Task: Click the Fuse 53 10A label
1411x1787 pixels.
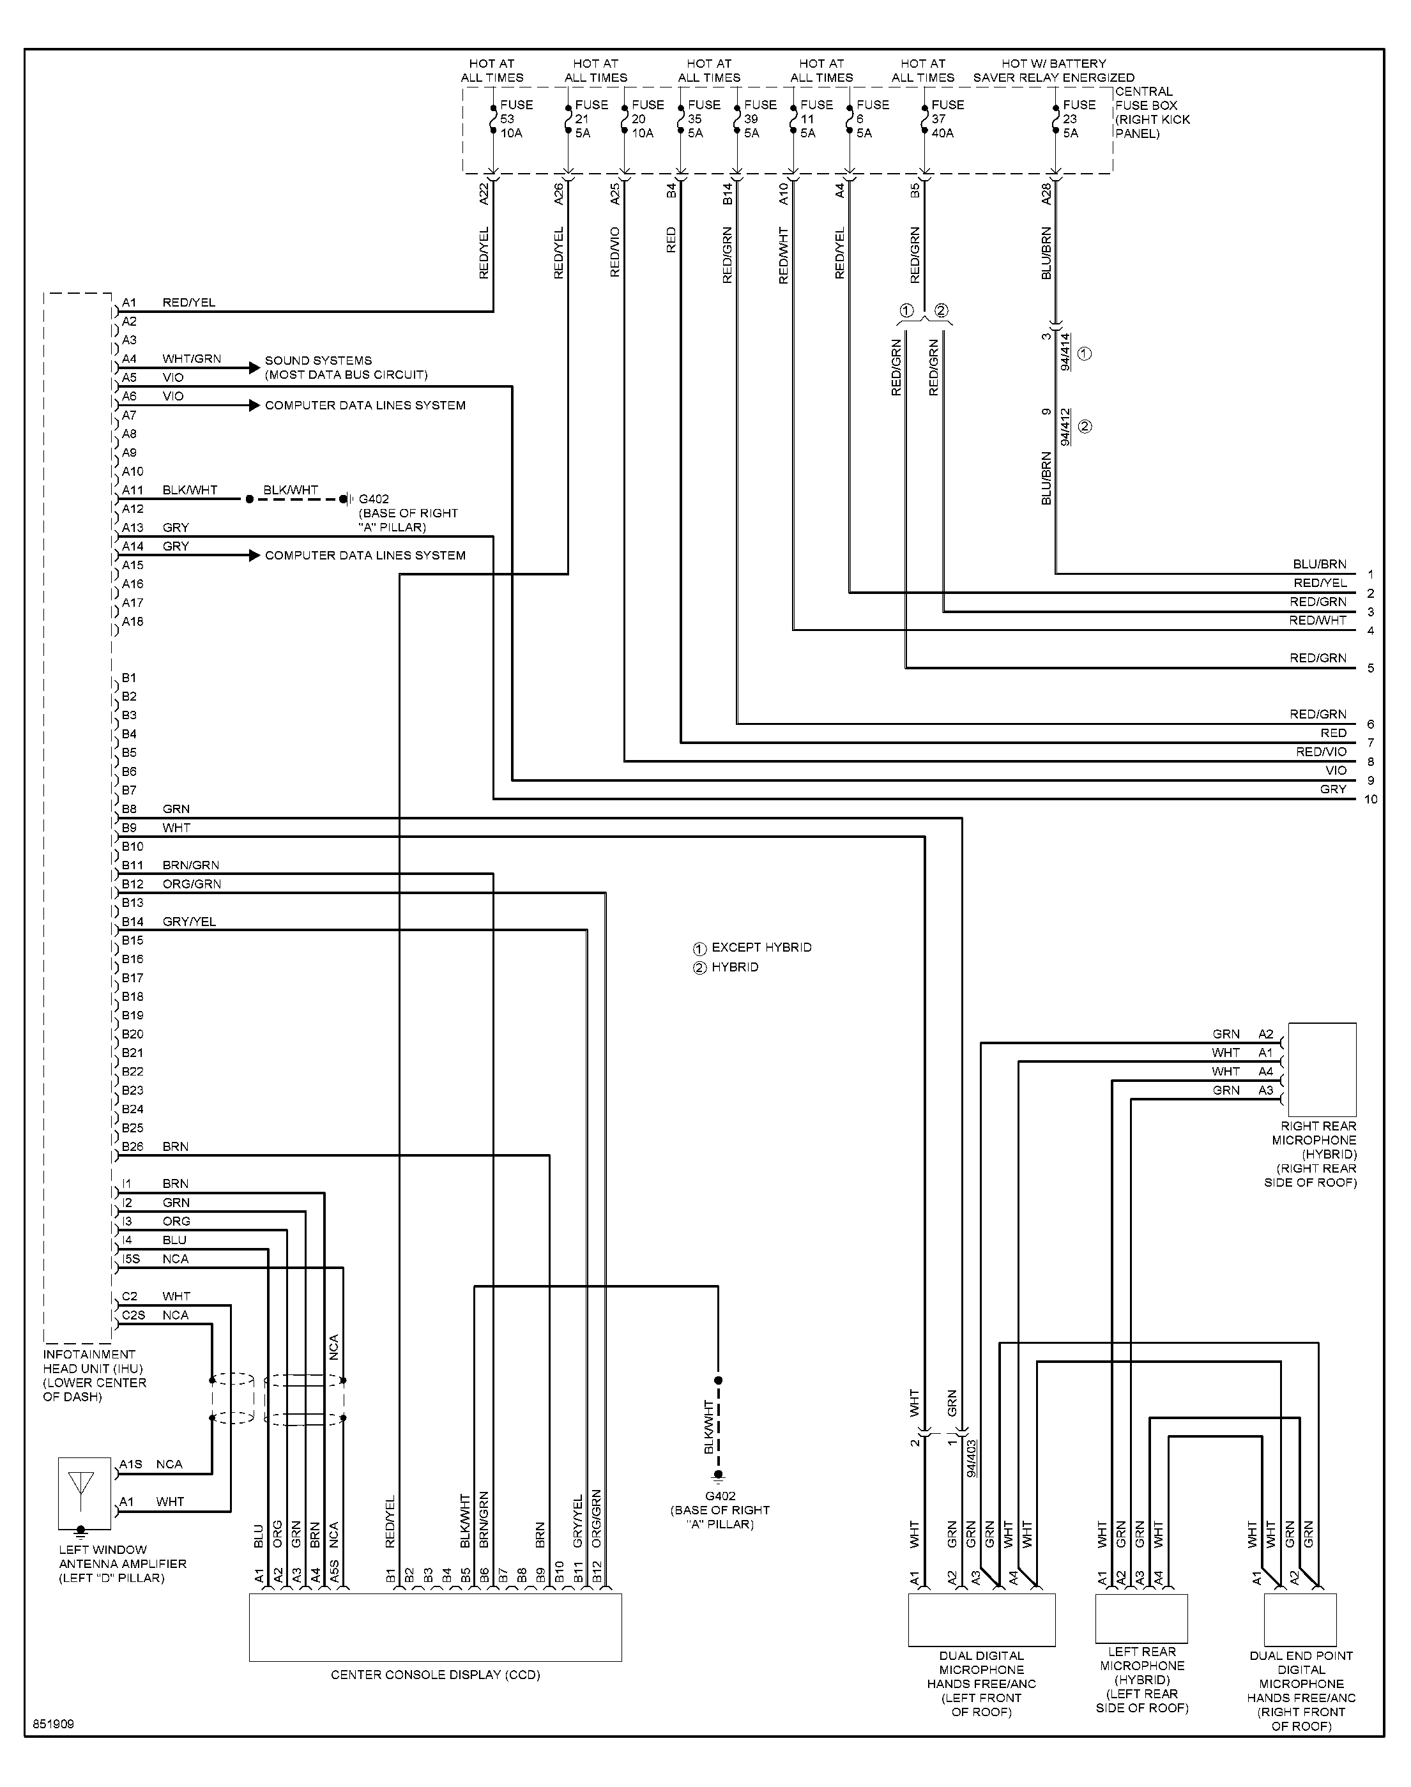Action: pos(516,119)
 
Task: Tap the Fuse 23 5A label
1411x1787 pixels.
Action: pos(1079,119)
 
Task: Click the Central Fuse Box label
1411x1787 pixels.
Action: pos(1152,112)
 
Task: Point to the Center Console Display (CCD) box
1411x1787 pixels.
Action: pos(436,1627)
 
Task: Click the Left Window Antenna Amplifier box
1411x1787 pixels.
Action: pos(84,1493)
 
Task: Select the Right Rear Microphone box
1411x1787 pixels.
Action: pos(1322,1069)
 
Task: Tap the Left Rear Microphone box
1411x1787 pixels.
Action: pos(1141,1618)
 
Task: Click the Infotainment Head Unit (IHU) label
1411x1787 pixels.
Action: pos(94,1376)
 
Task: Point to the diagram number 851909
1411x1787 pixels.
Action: pos(54,1724)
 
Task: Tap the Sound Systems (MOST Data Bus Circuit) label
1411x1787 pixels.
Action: pos(346,367)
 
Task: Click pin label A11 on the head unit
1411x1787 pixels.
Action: pos(133,490)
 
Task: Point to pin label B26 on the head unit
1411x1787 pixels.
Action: pos(133,1147)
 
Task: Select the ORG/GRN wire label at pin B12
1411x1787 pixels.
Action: pos(192,885)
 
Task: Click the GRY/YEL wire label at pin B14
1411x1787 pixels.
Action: pos(189,922)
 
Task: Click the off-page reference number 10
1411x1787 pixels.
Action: pos(1371,800)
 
